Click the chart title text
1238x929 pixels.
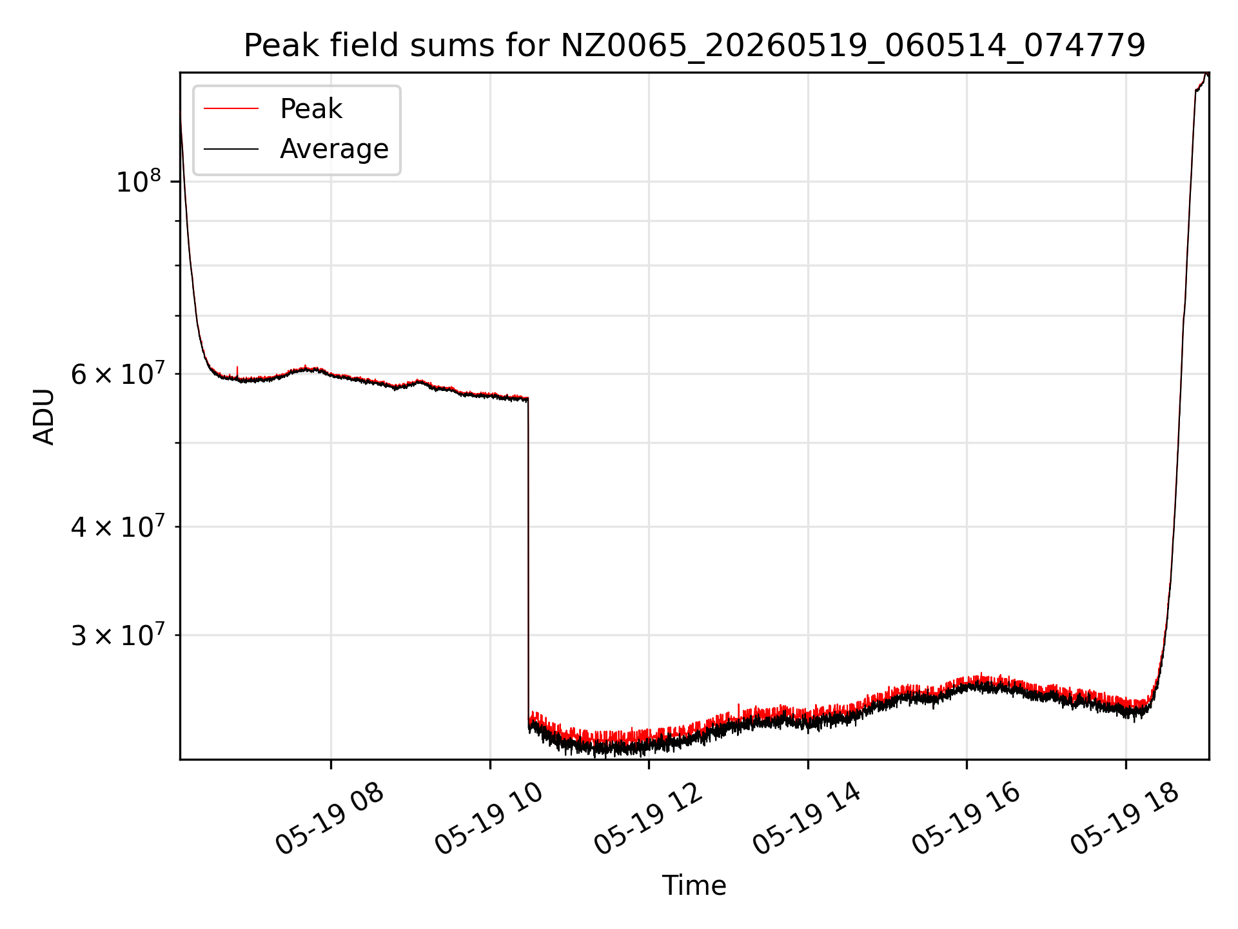(x=694, y=46)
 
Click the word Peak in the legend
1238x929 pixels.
(x=311, y=109)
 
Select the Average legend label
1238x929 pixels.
(x=334, y=149)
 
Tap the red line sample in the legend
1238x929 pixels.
(x=231, y=109)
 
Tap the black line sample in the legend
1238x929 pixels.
(x=231, y=149)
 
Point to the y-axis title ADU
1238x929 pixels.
(x=44, y=417)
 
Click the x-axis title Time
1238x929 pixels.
(x=694, y=886)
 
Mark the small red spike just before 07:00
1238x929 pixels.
(x=237, y=371)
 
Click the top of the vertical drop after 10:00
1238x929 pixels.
(x=528, y=399)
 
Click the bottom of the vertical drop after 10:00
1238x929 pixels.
(x=529, y=728)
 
